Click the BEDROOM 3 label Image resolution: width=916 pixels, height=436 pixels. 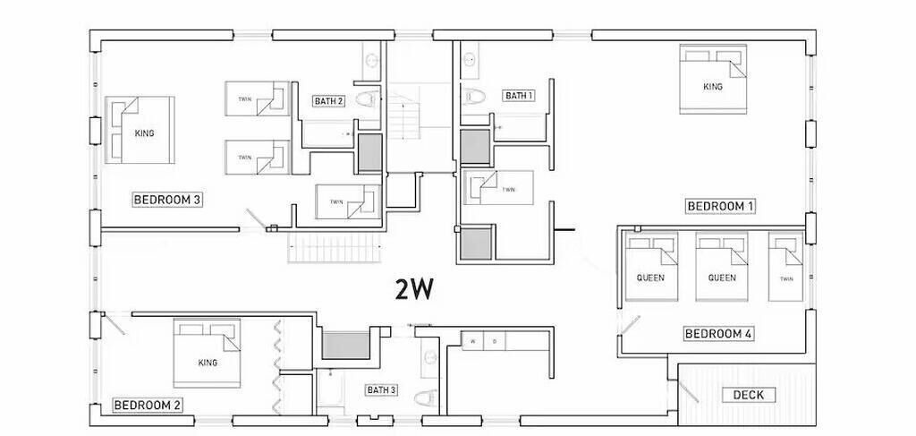coord(167,200)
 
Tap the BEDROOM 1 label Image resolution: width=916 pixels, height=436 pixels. coord(720,206)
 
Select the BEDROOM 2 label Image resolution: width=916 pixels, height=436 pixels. coord(148,406)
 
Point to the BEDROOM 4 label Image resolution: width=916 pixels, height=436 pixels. coord(718,334)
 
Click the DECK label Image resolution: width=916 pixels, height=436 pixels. coord(749,395)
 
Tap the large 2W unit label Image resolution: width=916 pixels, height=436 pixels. coord(414,288)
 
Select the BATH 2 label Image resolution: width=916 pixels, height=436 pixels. coord(328,101)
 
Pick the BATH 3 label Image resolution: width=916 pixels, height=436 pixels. coord(381,389)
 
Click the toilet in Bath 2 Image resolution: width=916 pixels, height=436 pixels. coord(367,98)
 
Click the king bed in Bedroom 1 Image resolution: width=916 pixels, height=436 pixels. coord(713,79)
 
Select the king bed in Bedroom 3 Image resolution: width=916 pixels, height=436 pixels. coord(140,131)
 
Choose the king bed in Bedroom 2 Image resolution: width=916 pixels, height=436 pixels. coord(207,353)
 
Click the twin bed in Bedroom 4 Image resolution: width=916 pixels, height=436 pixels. coord(785,267)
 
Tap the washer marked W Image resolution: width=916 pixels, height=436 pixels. coord(473,341)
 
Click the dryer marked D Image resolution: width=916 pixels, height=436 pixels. coord(494,341)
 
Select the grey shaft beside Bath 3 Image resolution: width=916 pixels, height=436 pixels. coord(346,346)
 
